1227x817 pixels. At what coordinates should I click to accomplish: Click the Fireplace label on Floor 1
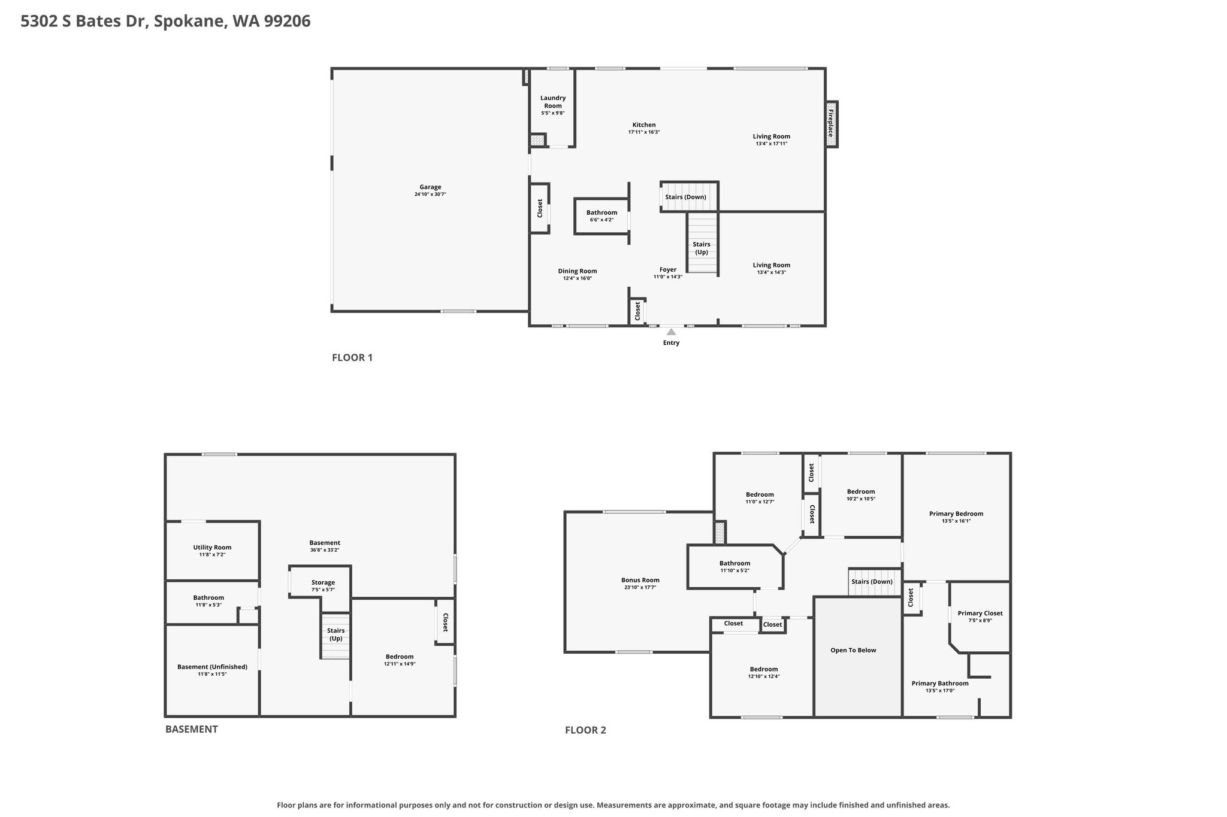(831, 123)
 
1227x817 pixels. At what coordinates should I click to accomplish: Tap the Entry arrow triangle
(672, 332)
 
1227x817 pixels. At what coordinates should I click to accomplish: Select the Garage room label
(430, 187)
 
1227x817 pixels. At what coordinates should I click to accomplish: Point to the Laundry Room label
(553, 102)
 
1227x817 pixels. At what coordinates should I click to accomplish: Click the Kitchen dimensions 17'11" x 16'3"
(644, 132)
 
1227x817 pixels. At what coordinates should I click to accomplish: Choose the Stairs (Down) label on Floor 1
(686, 197)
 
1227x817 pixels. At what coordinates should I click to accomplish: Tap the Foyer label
(668, 270)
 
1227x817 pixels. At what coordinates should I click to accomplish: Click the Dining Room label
(578, 271)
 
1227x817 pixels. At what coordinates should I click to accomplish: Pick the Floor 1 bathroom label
(602, 212)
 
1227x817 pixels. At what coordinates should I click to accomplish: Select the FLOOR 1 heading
(352, 358)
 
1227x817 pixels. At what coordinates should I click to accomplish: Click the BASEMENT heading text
(192, 729)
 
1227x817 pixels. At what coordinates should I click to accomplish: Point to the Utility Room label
(212, 547)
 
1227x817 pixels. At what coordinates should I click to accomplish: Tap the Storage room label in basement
(323, 582)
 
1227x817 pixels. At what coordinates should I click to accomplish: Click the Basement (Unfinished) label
(212, 667)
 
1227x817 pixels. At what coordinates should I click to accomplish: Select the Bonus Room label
(640, 580)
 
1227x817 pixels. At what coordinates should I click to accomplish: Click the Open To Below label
(853, 650)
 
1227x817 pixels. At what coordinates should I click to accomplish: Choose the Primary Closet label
(980, 613)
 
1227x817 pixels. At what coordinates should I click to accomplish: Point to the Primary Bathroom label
(940, 684)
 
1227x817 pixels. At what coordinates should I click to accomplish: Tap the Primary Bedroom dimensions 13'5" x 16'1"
(956, 521)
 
